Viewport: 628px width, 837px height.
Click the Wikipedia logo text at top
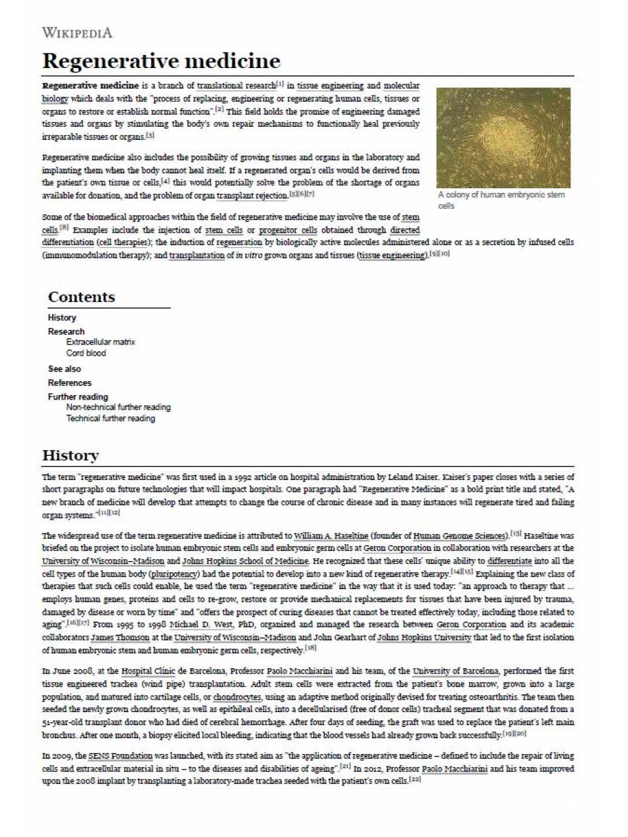[77, 32]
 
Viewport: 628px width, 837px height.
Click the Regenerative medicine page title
[161, 61]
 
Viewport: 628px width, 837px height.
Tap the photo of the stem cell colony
[503, 138]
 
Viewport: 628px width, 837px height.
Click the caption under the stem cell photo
[501, 200]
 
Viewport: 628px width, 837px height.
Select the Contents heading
[81, 297]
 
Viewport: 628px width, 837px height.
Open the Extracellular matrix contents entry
[100, 342]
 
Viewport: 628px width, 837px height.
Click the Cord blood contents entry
[86, 353]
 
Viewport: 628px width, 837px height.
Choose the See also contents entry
[64, 369]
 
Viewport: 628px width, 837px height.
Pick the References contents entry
[69, 383]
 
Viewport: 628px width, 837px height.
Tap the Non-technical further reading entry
[118, 407]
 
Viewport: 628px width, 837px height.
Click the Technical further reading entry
[110, 418]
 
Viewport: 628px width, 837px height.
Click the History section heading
[71, 455]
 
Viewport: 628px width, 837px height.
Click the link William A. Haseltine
[331, 536]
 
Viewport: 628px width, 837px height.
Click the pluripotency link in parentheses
[174, 574]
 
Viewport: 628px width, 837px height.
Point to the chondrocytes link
[237, 697]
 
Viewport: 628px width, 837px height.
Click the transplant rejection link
[252, 196]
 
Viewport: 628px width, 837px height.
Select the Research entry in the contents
[66, 332]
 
